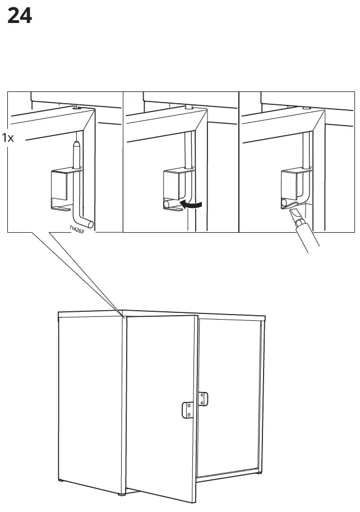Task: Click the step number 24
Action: tap(20, 16)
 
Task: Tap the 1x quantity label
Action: tap(8, 137)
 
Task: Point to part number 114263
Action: tap(77, 229)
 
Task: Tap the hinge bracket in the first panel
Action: tap(61, 187)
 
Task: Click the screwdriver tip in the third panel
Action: tap(293, 215)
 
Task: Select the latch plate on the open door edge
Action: tap(188, 409)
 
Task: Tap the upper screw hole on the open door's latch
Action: tap(190, 404)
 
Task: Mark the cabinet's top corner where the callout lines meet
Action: tap(123, 315)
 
